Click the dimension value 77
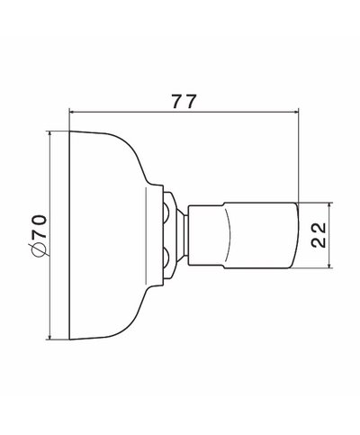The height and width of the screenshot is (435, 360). (x=184, y=101)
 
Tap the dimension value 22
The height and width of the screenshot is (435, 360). (x=318, y=235)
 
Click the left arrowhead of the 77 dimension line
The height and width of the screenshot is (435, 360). (x=72, y=112)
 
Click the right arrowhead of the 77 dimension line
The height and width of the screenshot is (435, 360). (x=296, y=112)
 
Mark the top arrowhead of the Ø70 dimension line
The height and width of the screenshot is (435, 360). (x=49, y=134)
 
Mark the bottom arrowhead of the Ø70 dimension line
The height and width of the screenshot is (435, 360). (x=49, y=337)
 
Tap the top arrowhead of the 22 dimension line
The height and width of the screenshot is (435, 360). (x=329, y=205)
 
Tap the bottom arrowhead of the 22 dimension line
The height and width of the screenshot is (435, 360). (x=329, y=265)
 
